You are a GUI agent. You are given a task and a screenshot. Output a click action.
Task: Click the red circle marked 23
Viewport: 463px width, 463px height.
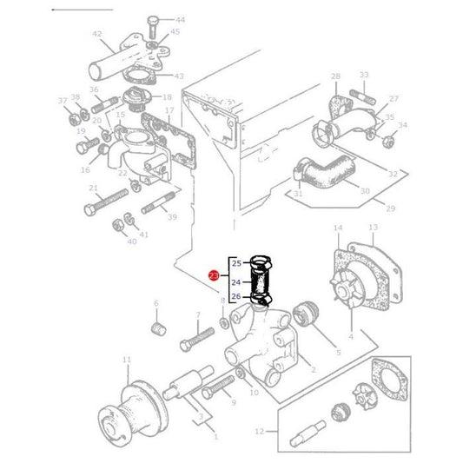click(214, 277)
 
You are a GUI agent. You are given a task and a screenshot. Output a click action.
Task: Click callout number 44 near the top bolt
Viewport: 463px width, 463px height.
click(180, 19)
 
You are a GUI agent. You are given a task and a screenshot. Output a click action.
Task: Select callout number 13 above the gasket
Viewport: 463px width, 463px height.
click(373, 228)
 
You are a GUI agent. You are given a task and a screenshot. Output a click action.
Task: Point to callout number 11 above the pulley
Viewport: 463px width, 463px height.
click(127, 360)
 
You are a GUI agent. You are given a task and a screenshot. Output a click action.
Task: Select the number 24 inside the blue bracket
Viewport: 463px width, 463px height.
click(235, 281)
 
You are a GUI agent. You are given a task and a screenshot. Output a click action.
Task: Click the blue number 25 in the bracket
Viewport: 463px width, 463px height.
click(235, 262)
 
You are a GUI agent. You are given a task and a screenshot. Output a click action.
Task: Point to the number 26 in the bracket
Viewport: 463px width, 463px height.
click(235, 297)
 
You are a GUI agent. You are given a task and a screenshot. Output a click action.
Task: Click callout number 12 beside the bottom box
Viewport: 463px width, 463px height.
click(260, 431)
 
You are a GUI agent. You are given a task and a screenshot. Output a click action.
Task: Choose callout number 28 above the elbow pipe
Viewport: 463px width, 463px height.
click(335, 77)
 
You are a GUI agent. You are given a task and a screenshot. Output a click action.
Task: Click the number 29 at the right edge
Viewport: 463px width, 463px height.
click(389, 209)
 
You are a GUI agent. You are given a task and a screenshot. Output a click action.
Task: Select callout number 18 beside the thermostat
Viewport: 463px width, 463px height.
click(166, 97)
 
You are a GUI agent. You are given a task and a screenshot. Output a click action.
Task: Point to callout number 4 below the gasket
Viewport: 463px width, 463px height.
click(350, 336)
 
